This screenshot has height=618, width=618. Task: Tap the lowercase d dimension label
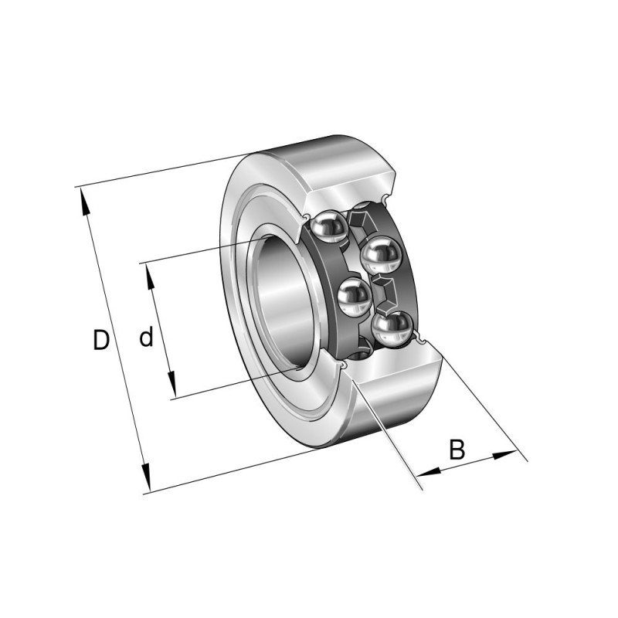click(x=146, y=337)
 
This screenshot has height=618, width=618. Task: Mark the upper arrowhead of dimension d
click(x=150, y=277)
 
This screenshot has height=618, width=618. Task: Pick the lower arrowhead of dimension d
click(x=171, y=384)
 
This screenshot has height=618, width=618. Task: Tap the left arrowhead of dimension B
click(x=429, y=471)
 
